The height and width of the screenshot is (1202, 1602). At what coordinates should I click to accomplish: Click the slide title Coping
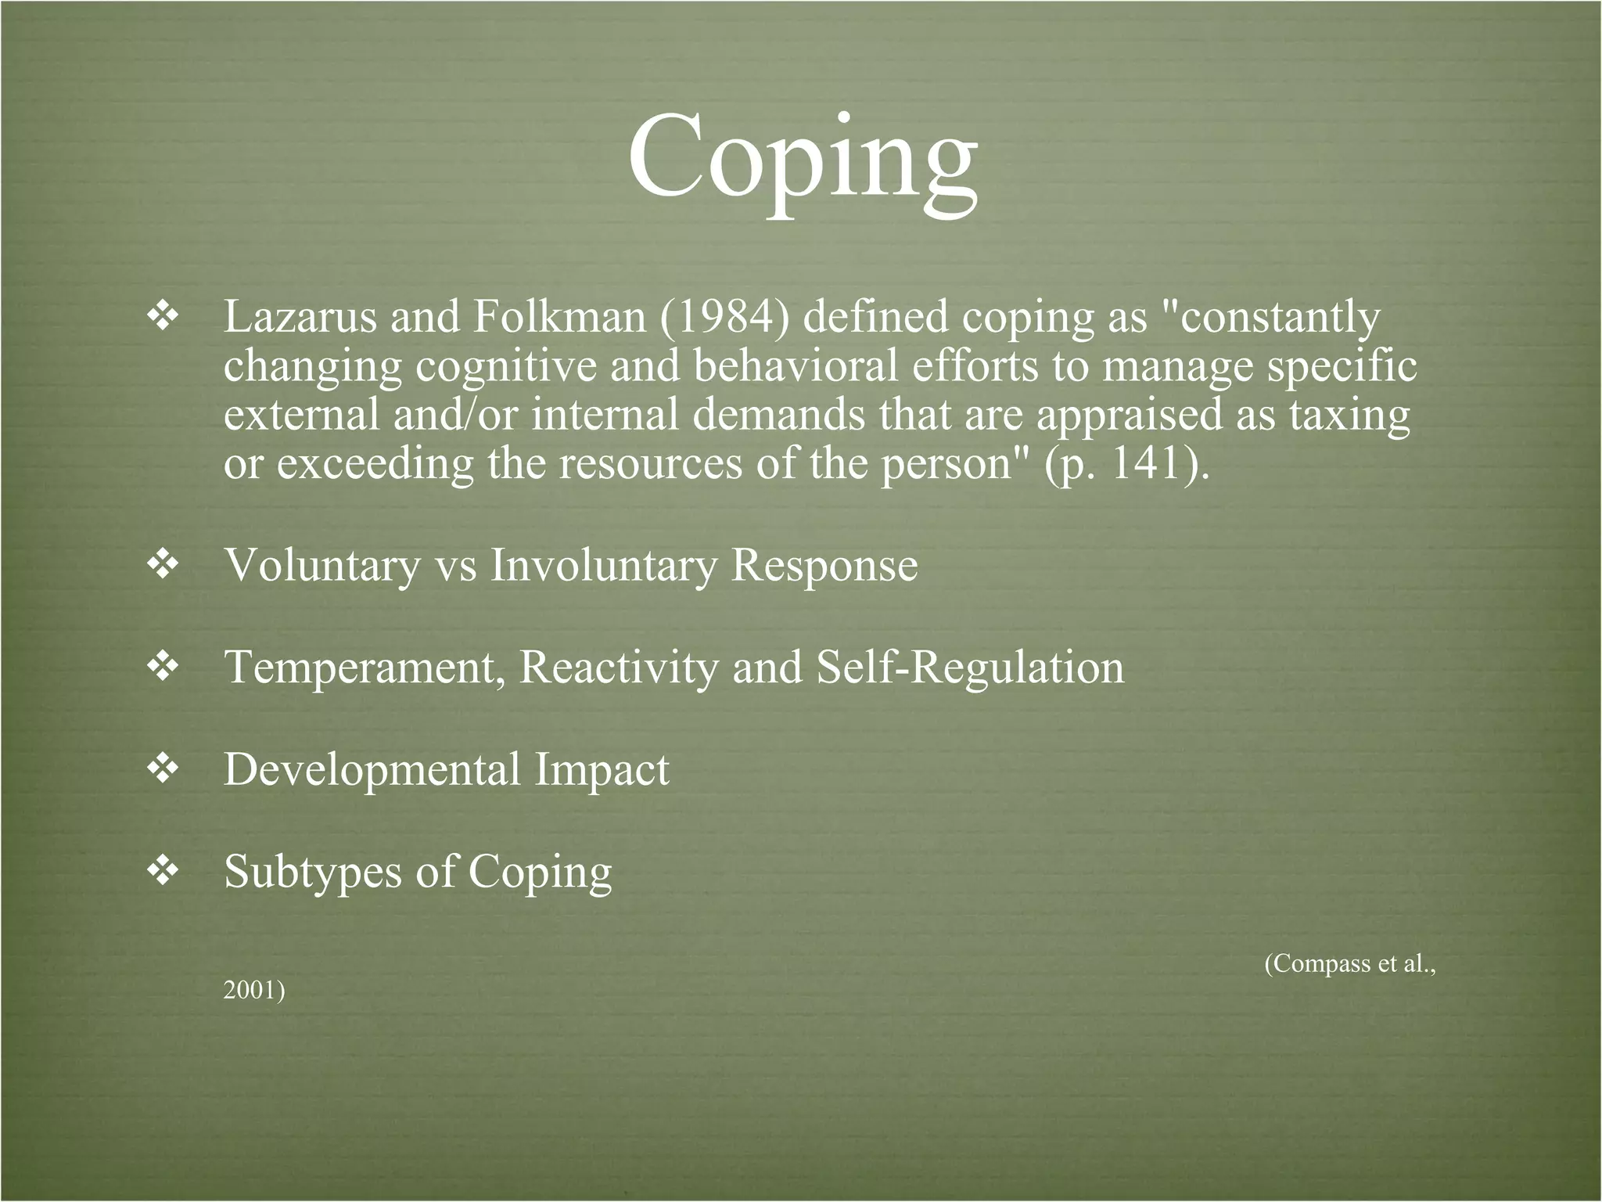pos(802,157)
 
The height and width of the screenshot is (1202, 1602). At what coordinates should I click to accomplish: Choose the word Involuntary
pos(603,566)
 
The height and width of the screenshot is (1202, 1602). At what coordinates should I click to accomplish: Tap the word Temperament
pos(364,668)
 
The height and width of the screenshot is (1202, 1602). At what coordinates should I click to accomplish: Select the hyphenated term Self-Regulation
pos(970,668)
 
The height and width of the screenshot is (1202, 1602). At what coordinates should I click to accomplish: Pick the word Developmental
pos(372,769)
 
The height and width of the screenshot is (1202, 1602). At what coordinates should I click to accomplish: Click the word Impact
pos(602,769)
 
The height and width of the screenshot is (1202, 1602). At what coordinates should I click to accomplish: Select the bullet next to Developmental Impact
pos(163,769)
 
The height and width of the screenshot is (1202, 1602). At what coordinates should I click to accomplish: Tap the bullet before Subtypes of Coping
pos(163,871)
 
